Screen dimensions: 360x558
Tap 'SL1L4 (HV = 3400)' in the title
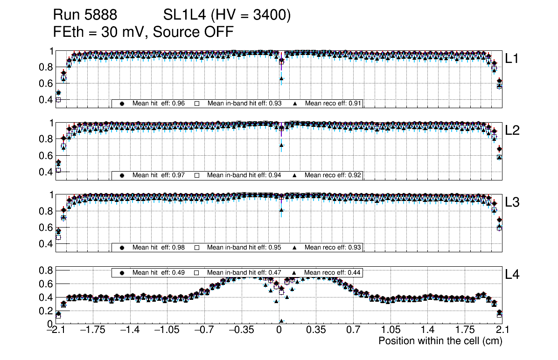[227, 15]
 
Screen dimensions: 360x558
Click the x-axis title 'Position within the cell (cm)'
[440, 341]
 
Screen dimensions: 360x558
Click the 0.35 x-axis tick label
[316, 330]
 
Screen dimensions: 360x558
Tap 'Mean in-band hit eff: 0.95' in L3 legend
[244, 247]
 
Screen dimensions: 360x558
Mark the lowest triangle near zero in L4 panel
[281, 321]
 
